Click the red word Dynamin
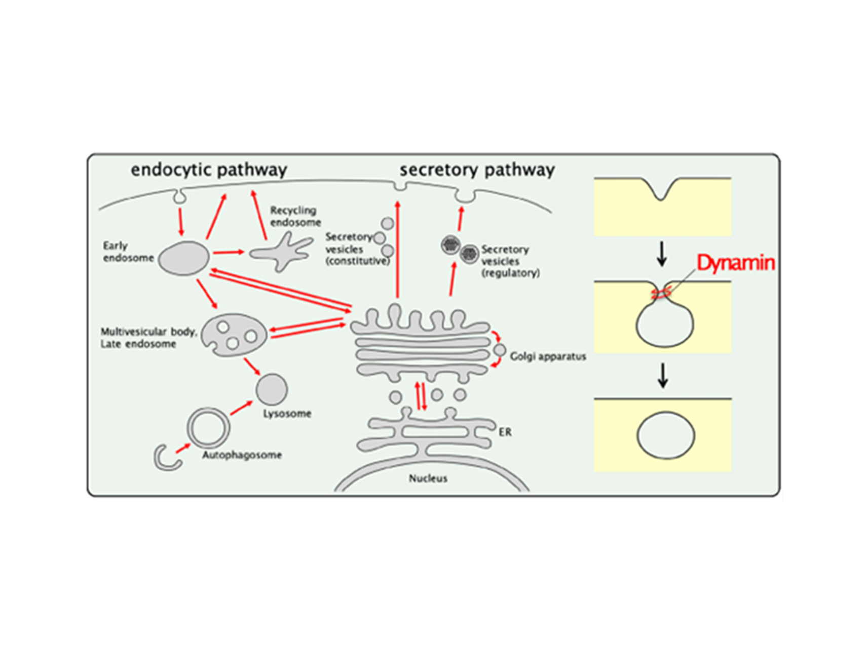(735, 263)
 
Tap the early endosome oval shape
(183, 258)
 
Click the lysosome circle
(272, 389)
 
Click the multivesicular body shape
(234, 335)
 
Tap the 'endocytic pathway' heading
(209, 170)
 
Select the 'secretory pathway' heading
(477, 170)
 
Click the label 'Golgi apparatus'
(548, 356)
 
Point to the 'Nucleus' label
(428, 478)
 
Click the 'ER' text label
(505, 432)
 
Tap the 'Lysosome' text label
(287, 414)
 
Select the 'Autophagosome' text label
(242, 455)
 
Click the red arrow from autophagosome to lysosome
(241, 408)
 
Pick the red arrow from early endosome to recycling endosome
(229, 252)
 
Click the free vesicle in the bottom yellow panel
(665, 435)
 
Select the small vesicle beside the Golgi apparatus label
(500, 350)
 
